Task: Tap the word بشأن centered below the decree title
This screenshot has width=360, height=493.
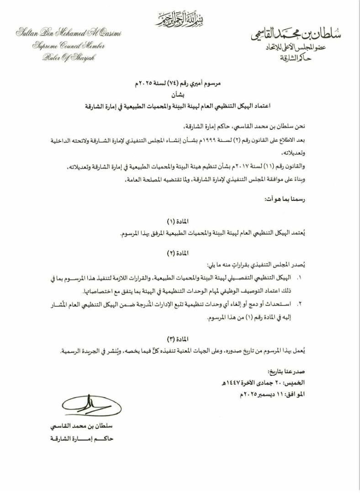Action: tap(180, 95)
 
